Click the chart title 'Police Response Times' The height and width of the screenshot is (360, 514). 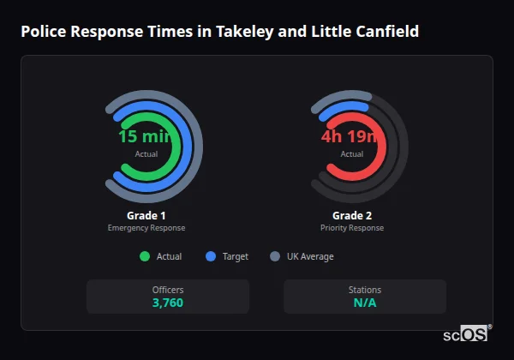(x=220, y=32)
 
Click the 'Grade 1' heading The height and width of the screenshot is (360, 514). (x=146, y=215)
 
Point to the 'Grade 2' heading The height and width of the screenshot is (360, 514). (x=352, y=215)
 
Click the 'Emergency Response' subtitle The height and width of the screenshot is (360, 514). (x=146, y=228)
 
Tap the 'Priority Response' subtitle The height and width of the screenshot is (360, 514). (x=352, y=228)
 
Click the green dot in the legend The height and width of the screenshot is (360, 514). (x=144, y=256)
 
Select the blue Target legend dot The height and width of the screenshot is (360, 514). (x=211, y=256)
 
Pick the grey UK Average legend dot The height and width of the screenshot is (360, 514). (x=275, y=256)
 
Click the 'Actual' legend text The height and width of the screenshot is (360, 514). (x=169, y=256)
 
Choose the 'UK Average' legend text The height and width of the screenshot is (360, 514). (x=310, y=256)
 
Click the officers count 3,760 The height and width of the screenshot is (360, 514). (x=168, y=303)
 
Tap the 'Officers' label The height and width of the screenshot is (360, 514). (x=168, y=290)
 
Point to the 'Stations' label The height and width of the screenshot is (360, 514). (x=365, y=290)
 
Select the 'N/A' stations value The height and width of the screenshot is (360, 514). (x=365, y=303)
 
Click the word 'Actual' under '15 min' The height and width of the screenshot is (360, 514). (x=146, y=153)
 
